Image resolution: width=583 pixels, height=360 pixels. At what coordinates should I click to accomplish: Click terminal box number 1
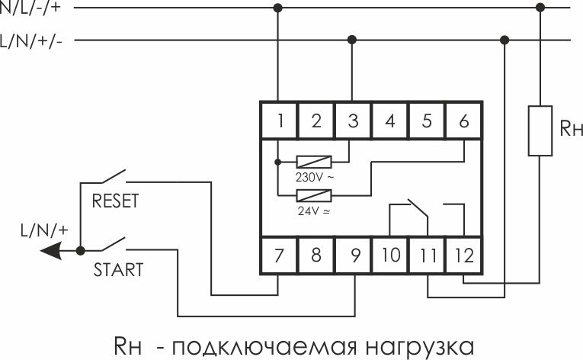[279, 121]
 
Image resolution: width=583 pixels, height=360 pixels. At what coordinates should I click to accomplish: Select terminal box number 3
[353, 121]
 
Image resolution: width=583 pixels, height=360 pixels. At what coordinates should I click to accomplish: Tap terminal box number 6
[463, 121]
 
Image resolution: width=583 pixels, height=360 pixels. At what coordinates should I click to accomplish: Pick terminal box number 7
[279, 255]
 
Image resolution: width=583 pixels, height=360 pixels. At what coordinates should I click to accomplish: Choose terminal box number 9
[353, 255]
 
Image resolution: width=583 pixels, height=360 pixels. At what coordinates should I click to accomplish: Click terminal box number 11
[427, 255]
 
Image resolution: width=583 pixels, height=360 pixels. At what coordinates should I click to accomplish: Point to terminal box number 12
[463, 255]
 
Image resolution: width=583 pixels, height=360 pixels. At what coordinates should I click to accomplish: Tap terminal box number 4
[389, 121]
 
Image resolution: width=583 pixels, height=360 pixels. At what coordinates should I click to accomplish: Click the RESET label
[115, 201]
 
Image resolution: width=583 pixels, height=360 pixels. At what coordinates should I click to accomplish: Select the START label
[118, 270]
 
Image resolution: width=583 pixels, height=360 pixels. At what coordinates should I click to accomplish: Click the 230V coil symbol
[314, 162]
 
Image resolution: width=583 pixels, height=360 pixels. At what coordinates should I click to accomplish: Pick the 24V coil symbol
[314, 195]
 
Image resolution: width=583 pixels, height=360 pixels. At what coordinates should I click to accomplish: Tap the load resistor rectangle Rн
[540, 130]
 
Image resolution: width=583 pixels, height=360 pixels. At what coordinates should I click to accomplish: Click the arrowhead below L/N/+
[50, 250]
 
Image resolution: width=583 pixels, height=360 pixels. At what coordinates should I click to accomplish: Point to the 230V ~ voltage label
[315, 177]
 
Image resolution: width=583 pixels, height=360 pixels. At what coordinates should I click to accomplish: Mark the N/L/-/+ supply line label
[30, 8]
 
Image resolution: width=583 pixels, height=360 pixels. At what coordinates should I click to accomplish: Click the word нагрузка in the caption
[420, 347]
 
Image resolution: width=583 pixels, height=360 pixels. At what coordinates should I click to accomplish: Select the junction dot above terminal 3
[352, 40]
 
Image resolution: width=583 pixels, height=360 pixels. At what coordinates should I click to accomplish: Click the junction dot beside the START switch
[80, 250]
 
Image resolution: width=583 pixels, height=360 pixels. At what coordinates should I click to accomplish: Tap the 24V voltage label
[314, 211]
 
